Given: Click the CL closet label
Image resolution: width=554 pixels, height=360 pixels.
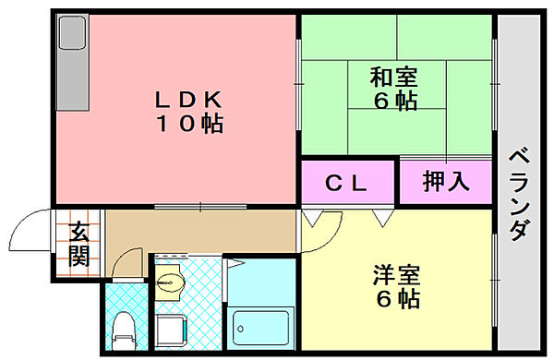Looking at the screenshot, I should [x=347, y=184].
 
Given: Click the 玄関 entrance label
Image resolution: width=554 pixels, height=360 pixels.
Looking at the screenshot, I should [x=78, y=246].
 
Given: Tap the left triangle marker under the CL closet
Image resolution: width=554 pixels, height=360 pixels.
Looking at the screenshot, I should [x=312, y=219].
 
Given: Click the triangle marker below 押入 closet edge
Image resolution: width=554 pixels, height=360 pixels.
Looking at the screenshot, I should [x=382, y=219].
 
